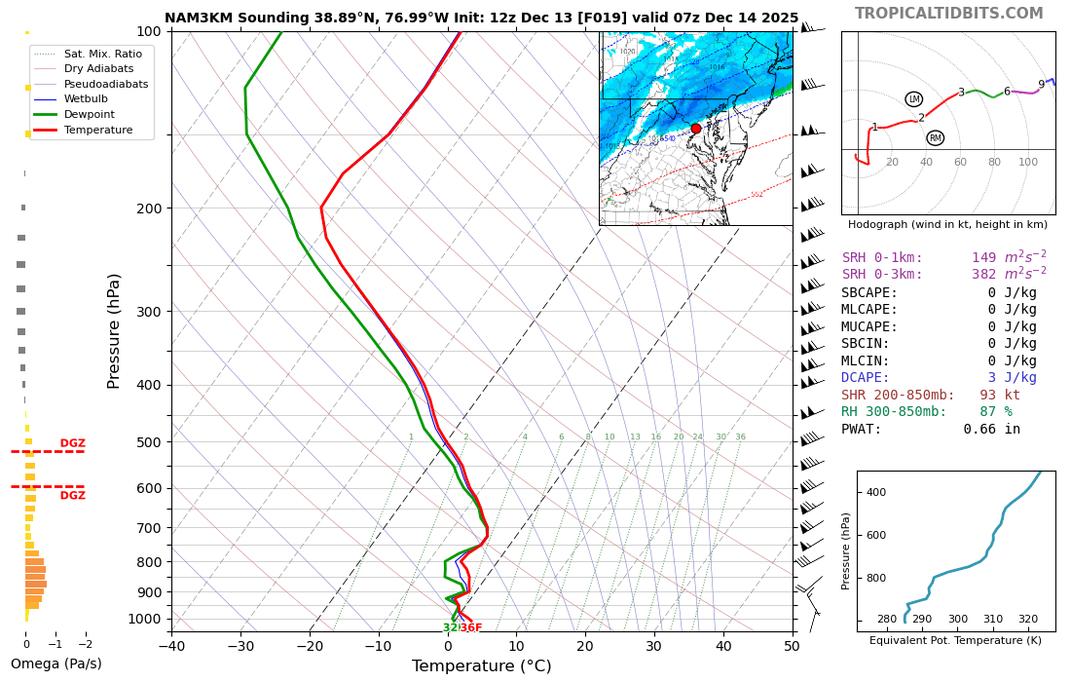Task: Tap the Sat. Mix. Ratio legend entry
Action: pos(102,54)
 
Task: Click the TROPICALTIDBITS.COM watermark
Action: pos(948,14)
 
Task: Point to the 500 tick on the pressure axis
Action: pos(149,442)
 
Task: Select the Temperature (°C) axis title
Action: pos(481,666)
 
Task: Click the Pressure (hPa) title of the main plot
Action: pos(115,331)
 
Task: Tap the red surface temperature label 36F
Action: pos(471,628)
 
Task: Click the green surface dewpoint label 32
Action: pos(450,628)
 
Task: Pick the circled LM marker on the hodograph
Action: pos(913,99)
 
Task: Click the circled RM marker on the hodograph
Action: pos(935,138)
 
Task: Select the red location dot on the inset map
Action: pos(696,129)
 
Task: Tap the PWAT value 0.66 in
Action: pos(992,430)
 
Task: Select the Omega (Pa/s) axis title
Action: pos(56,664)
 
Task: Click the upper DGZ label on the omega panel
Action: pos(73,443)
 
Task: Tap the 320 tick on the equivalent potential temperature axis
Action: pos(1028,619)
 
